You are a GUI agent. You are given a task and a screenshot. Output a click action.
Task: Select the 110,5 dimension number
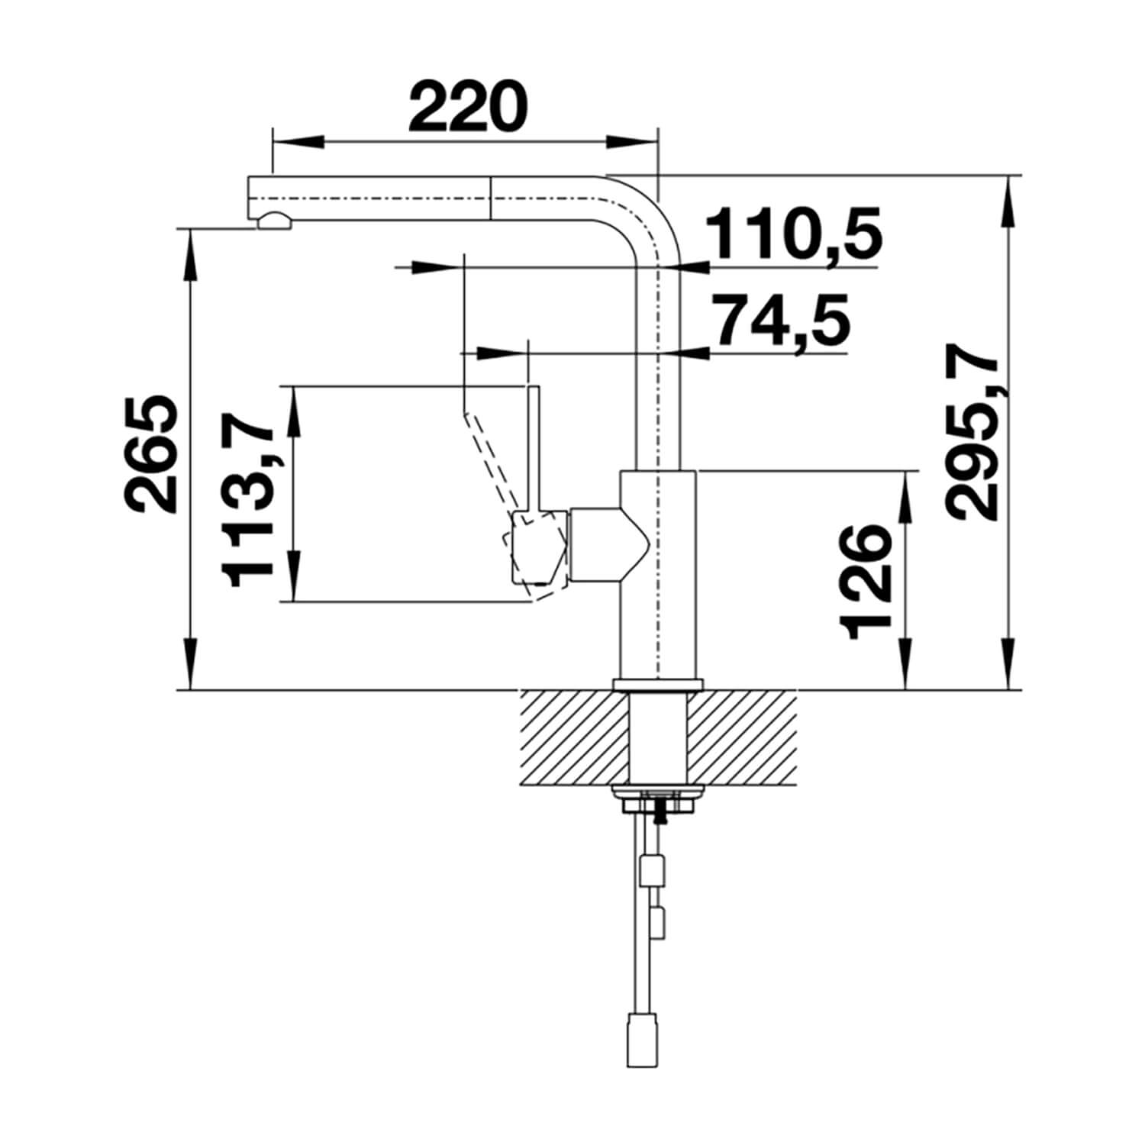pos(793,233)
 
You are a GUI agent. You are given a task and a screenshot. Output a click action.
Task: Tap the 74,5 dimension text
pos(772,321)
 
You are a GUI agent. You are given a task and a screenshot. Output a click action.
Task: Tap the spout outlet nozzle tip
pos(274,221)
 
